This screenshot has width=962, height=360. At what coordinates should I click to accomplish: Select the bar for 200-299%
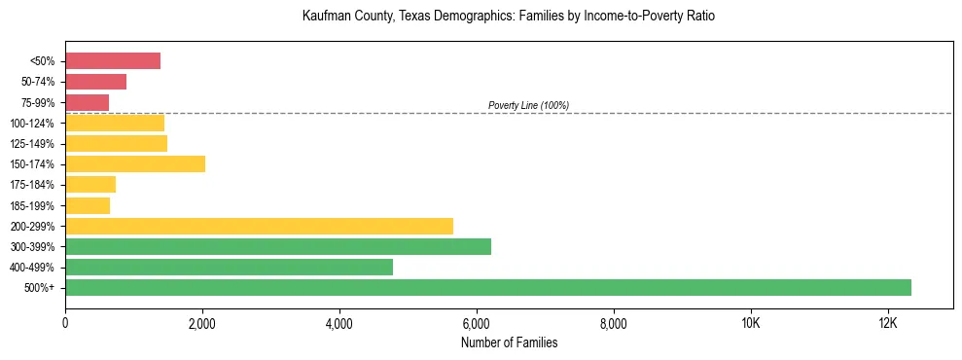click(259, 226)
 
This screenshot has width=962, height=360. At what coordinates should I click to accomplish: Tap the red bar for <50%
click(113, 61)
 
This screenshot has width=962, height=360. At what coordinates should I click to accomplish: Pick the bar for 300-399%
click(278, 246)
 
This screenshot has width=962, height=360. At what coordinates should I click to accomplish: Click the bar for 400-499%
click(229, 267)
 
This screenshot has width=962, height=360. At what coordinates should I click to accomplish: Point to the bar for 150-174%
click(135, 164)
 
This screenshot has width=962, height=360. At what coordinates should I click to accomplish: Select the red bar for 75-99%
click(88, 102)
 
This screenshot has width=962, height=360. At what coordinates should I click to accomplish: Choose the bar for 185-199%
click(88, 205)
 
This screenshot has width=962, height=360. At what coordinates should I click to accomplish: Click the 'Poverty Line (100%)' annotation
click(528, 105)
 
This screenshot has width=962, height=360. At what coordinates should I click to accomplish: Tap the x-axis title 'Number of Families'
click(509, 342)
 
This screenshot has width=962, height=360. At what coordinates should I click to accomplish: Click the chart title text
click(509, 17)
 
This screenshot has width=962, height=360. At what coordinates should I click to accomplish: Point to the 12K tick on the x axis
click(887, 323)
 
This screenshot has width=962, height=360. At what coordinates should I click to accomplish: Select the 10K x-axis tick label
click(750, 323)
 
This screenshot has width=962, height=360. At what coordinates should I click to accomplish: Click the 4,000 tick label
click(339, 323)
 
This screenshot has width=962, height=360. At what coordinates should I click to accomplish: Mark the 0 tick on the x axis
click(65, 323)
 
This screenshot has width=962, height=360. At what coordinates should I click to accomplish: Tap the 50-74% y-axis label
click(40, 82)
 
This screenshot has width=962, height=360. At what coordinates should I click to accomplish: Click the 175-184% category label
click(36, 185)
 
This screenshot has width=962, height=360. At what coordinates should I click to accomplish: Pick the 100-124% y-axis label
click(36, 124)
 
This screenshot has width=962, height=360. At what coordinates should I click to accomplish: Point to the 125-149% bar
click(116, 144)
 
